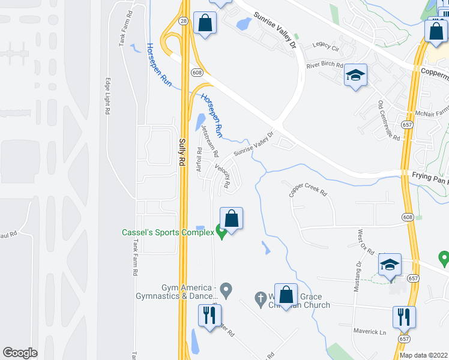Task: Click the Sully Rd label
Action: (x=182, y=152)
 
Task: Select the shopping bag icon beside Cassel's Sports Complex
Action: (x=231, y=218)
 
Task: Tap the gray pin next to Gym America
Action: (x=226, y=291)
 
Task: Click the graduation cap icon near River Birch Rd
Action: (x=355, y=76)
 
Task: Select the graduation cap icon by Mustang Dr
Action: (x=389, y=264)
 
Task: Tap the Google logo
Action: (x=20, y=353)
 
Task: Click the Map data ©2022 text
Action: (x=423, y=355)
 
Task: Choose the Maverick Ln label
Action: (x=370, y=332)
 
